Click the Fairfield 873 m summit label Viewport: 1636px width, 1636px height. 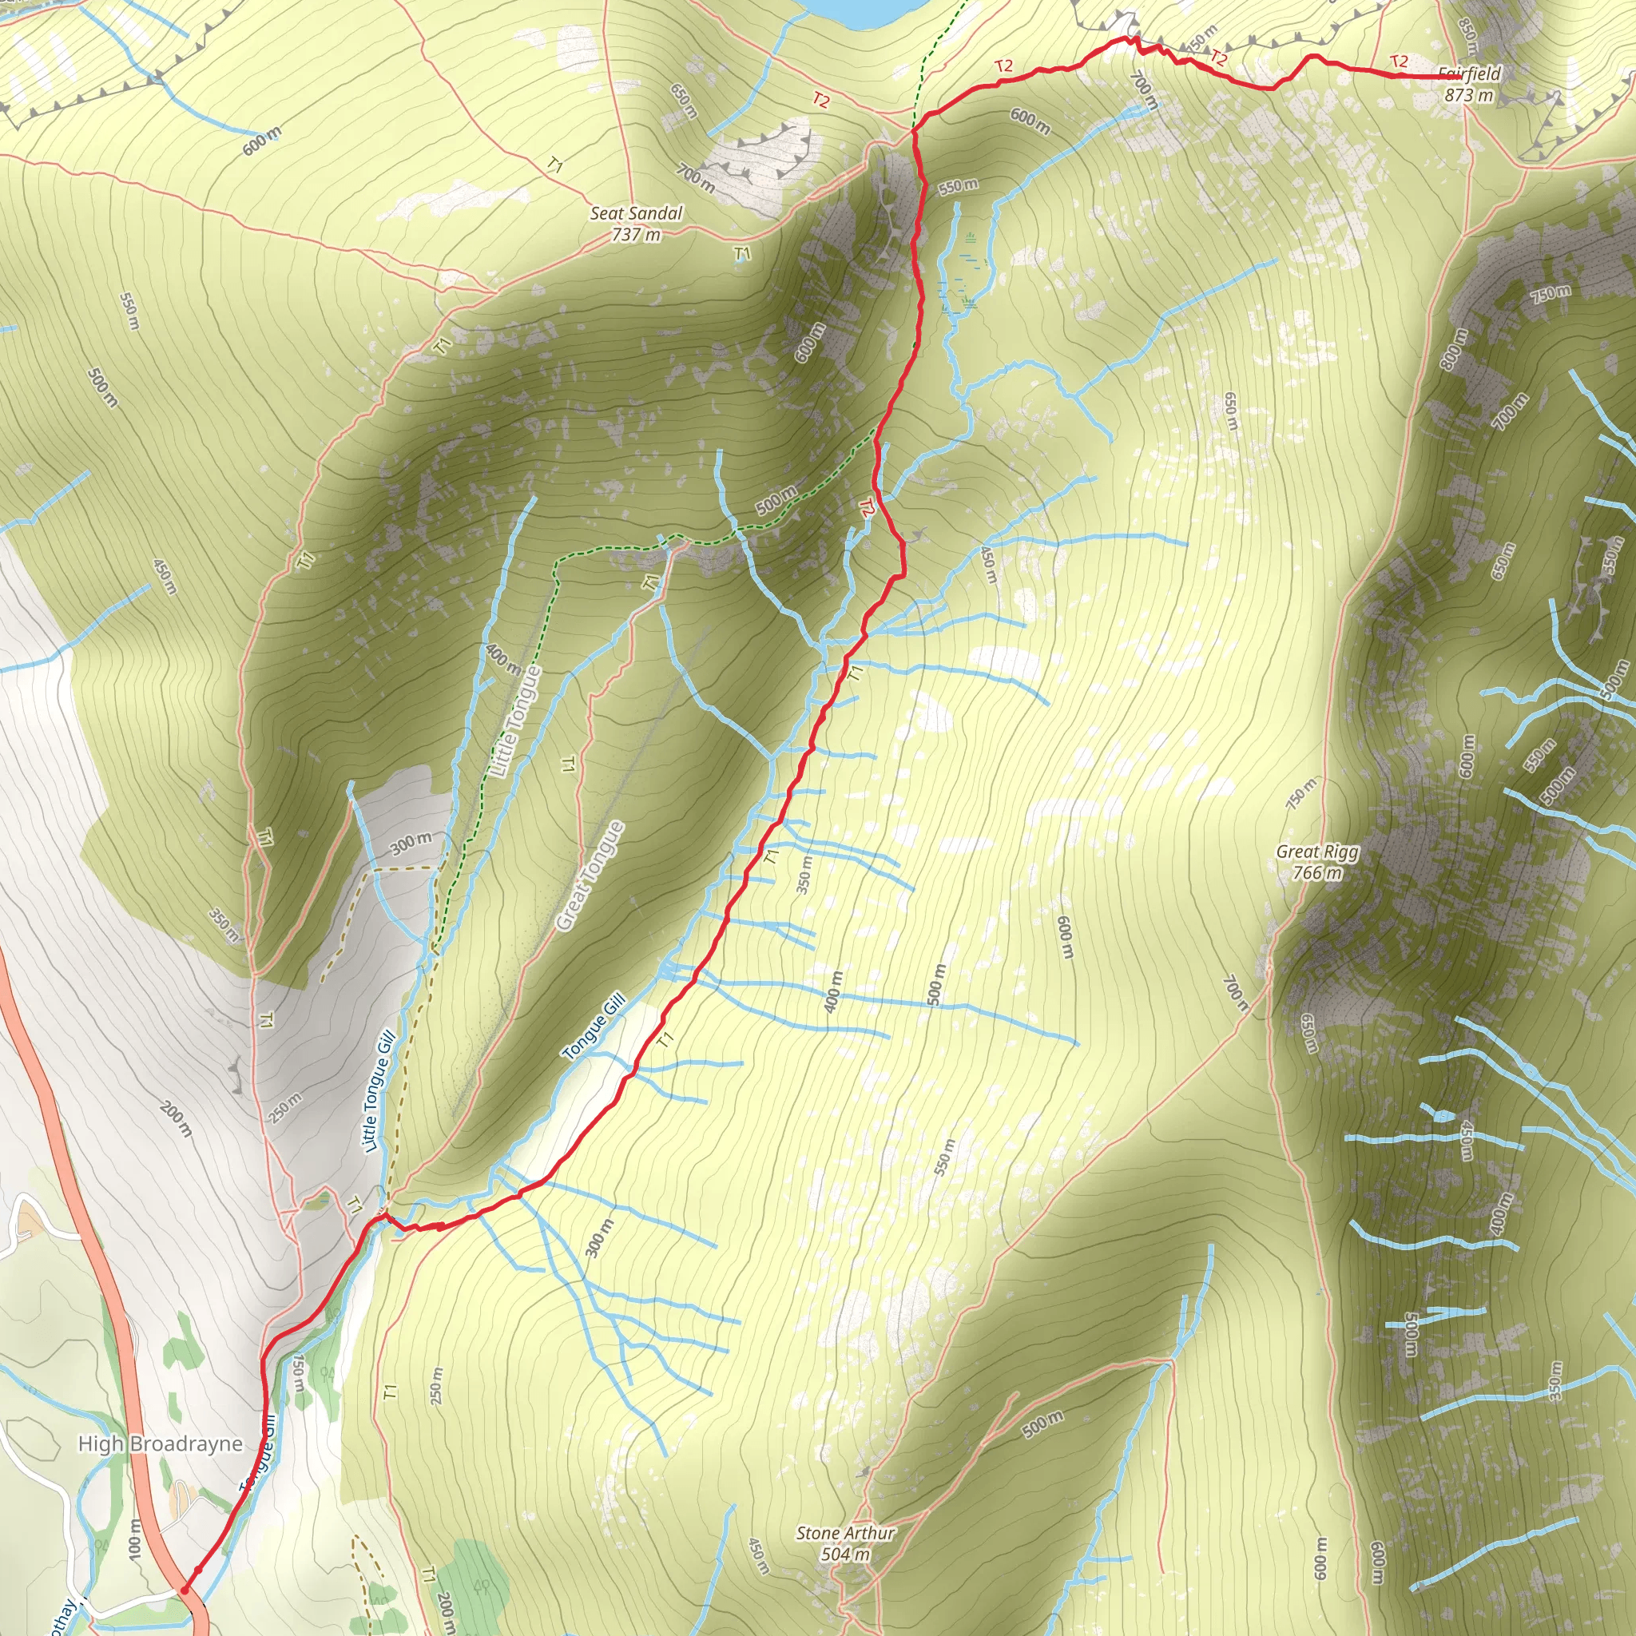pyautogui.click(x=1468, y=85)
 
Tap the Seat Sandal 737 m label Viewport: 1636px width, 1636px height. pyautogui.click(x=636, y=224)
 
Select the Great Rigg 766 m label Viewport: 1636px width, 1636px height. pyautogui.click(x=1316, y=862)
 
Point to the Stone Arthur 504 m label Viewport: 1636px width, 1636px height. pyautogui.click(x=845, y=1543)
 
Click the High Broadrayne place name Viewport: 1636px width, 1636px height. pyautogui.click(x=160, y=1443)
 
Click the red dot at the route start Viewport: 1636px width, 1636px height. pyautogui.click(x=185, y=1590)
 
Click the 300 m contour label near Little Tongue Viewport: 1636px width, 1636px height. pyautogui.click(x=411, y=844)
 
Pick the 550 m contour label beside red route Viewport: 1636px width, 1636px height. pyautogui.click(x=958, y=185)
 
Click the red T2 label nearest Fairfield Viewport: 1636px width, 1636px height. pyautogui.click(x=1398, y=62)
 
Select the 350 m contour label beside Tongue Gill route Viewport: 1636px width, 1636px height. pyautogui.click(x=804, y=876)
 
